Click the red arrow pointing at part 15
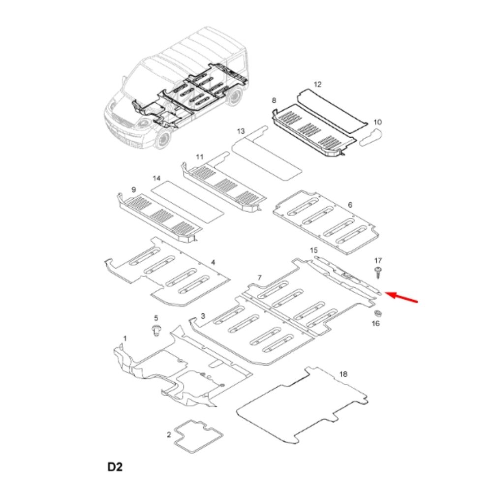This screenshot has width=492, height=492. point(401,297)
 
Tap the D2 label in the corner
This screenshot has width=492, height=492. point(115,467)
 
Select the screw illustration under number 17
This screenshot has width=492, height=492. point(378,272)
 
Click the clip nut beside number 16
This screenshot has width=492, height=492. point(377,313)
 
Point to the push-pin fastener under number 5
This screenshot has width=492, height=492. point(156,331)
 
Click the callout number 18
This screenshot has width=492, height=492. point(343,374)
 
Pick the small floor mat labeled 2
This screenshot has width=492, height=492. point(198,436)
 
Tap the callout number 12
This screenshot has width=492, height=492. point(317,85)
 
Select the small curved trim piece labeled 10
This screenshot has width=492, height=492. point(371,137)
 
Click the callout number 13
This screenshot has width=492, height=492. point(241,131)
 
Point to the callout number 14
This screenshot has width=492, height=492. point(156,178)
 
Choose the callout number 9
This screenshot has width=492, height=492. point(134,190)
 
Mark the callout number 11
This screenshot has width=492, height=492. point(200,156)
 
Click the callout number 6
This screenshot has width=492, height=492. point(350,205)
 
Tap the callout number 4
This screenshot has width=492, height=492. point(213,262)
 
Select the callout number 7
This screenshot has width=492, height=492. point(259,277)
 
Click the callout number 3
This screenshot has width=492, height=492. point(203,316)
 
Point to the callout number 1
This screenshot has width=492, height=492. point(125,338)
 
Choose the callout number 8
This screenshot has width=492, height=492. point(274,100)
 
